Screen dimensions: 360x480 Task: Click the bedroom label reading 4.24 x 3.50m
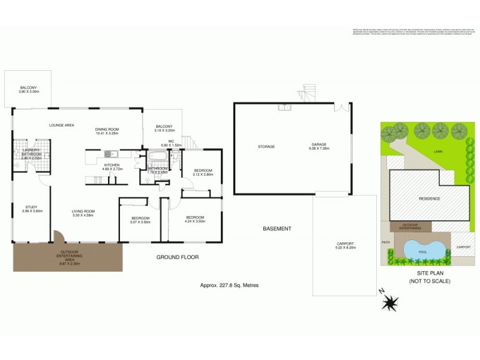(195, 219)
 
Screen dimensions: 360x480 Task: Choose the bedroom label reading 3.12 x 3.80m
(203, 172)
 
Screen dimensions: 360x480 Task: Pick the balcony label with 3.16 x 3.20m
(163, 128)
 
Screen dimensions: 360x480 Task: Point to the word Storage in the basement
(266, 146)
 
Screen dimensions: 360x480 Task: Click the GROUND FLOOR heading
(177, 257)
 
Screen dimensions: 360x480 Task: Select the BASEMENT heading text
(277, 229)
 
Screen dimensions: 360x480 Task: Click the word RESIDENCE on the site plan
(428, 199)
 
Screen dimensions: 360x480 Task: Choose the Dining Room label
(108, 131)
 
